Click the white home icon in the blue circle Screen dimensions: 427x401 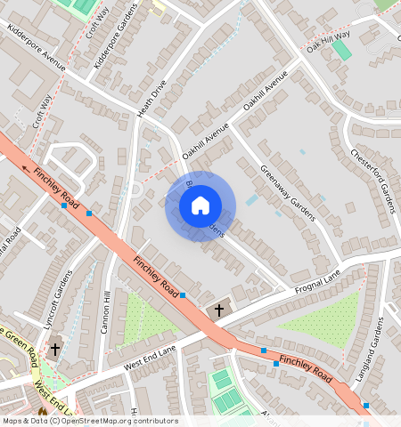(x=200, y=205)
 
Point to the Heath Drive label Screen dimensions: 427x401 (x=152, y=101)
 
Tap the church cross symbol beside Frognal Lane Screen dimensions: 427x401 (x=219, y=310)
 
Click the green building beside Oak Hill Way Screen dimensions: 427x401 (x=341, y=49)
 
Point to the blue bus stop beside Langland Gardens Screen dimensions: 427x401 (x=365, y=406)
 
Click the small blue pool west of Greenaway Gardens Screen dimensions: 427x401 (x=252, y=200)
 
